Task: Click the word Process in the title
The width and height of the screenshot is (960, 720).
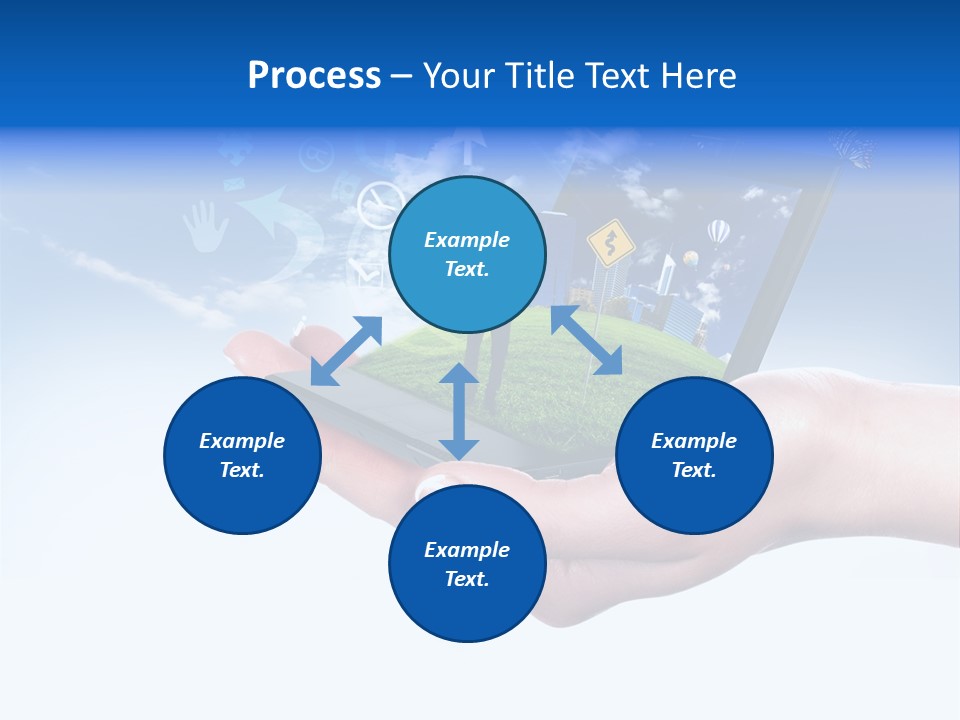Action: click(314, 76)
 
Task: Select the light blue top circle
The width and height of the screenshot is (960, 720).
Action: click(467, 254)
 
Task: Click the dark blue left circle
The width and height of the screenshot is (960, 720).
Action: click(242, 455)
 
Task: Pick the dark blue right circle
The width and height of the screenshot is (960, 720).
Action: click(694, 455)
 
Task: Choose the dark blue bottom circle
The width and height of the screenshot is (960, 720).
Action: click(467, 564)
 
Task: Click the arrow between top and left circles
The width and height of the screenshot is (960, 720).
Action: click(346, 351)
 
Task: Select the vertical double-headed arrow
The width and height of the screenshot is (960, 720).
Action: click(459, 412)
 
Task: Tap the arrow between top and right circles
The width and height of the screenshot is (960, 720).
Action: click(586, 340)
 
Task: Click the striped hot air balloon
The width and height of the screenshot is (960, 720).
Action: click(718, 233)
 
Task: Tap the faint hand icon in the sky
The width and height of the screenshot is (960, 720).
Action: click(204, 226)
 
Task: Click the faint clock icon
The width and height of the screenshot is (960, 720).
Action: click(378, 205)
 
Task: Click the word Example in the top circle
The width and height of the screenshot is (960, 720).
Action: click(467, 240)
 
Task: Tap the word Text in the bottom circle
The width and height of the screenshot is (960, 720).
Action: click(467, 579)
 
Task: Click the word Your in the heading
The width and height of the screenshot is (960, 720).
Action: click(459, 76)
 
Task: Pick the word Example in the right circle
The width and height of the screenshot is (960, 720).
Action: click(694, 441)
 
